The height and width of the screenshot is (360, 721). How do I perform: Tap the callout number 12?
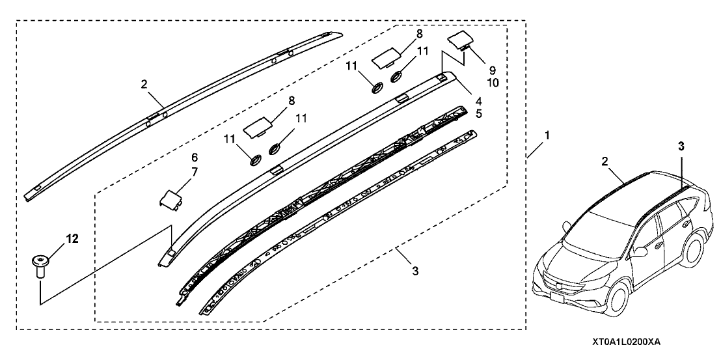pyautogui.click(x=73, y=238)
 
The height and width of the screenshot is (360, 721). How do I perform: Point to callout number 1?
pyautogui.click(x=547, y=137)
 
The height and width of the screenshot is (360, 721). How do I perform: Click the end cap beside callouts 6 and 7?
pyautogui.click(x=170, y=199)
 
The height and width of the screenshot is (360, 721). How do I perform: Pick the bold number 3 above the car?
pyautogui.click(x=681, y=147)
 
